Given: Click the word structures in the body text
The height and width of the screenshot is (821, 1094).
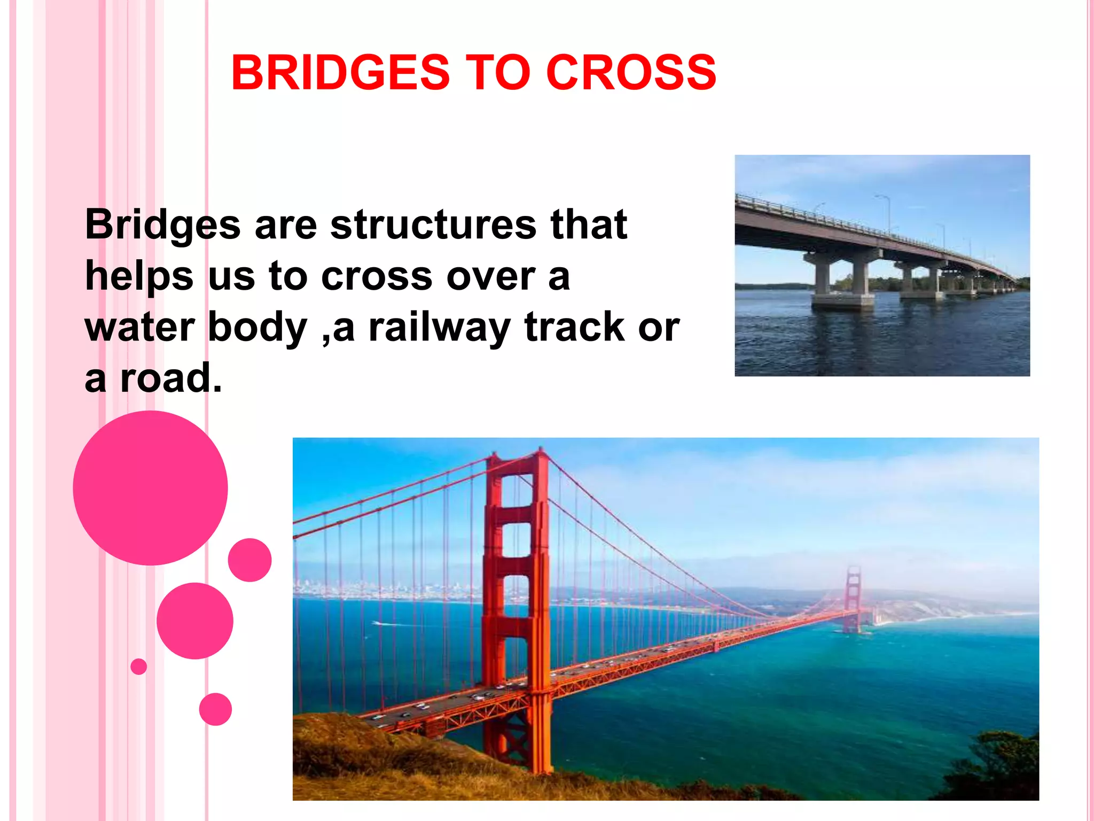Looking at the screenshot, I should click(x=433, y=224).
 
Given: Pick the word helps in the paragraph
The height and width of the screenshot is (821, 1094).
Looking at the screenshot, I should click(x=139, y=277).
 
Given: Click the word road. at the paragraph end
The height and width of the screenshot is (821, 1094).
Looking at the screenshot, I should click(x=170, y=378).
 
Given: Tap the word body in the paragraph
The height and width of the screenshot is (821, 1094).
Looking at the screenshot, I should click(x=257, y=327).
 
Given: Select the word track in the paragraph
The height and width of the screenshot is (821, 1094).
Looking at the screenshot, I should click(x=574, y=327).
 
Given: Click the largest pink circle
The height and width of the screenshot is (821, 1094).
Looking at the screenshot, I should click(x=150, y=487).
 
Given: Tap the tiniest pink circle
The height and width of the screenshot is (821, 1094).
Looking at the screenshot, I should click(x=138, y=667).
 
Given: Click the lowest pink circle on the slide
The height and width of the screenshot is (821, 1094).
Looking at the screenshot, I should click(x=215, y=709).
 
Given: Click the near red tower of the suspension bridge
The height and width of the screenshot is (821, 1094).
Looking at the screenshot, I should click(x=515, y=588).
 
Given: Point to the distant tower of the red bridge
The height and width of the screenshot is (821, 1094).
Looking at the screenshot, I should click(x=854, y=596).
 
